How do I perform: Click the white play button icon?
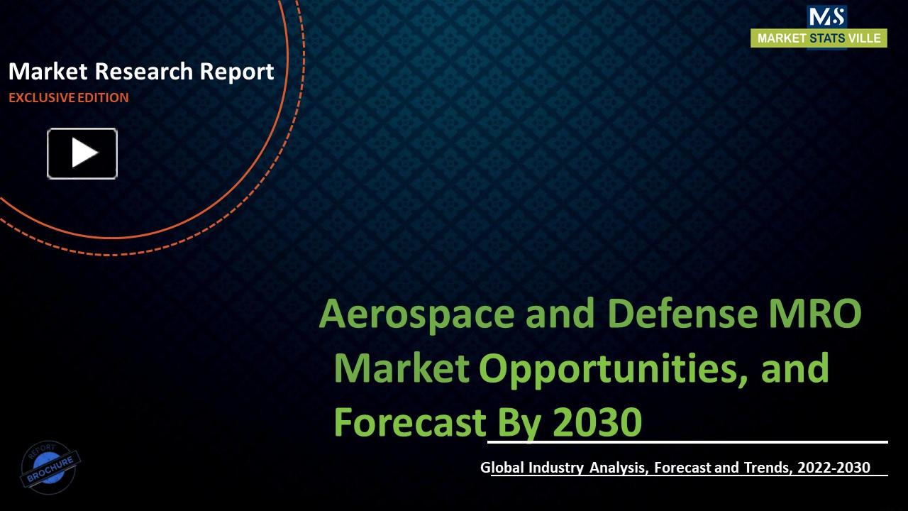click(x=82, y=153)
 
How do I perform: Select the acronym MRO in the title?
click(x=816, y=314)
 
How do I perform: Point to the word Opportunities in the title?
click(x=610, y=368)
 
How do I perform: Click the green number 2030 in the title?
click(x=597, y=422)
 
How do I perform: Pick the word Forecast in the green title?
click(x=409, y=422)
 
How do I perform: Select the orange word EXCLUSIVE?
click(x=41, y=98)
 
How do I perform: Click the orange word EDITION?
click(x=103, y=98)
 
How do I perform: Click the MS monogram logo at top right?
click(x=826, y=17)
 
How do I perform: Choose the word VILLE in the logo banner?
click(x=865, y=38)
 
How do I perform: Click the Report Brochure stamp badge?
click(x=50, y=467)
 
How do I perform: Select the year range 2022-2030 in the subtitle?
click(x=834, y=468)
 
